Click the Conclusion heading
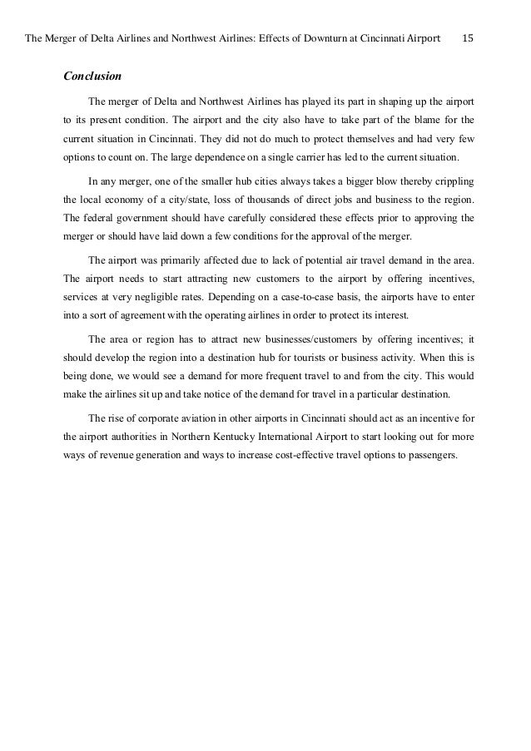point(92,77)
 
